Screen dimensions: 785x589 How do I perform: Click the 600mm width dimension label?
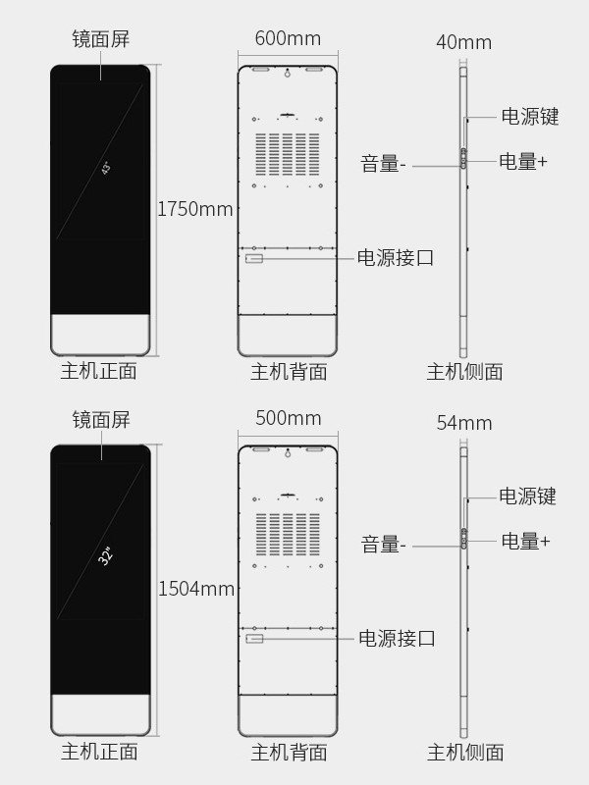[x=288, y=39]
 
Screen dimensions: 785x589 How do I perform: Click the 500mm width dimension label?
[x=288, y=418]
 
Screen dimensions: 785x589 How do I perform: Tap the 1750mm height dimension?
[x=195, y=209]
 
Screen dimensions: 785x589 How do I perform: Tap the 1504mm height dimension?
[x=196, y=589]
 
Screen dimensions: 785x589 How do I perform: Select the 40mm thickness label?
[x=463, y=42]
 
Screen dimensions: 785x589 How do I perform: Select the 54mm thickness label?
[x=463, y=423]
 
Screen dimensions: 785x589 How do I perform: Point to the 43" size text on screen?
[x=106, y=168]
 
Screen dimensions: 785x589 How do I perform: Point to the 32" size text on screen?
[x=106, y=555]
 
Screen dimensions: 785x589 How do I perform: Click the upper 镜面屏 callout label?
[x=101, y=39]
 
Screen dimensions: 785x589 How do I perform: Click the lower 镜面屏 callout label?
[x=101, y=420]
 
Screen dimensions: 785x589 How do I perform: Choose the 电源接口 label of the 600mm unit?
[x=395, y=258]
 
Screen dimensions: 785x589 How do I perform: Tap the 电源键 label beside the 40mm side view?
[x=530, y=116]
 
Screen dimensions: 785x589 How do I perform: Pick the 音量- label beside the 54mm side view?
[x=383, y=545]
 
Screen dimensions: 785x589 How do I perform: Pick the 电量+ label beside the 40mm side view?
[x=523, y=162]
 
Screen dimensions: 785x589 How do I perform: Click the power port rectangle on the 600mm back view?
[x=254, y=258]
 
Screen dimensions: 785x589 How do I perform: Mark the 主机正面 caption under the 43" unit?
[x=99, y=371]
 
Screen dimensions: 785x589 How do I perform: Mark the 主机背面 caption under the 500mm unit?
[x=289, y=753]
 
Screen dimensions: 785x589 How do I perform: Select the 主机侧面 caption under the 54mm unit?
[x=465, y=753]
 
